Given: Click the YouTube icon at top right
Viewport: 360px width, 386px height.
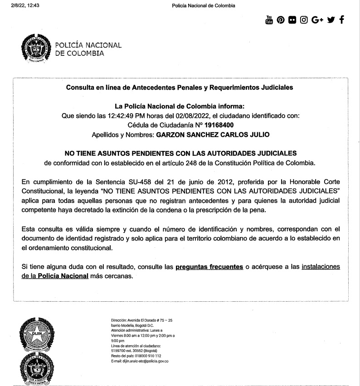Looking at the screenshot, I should pos(269,20).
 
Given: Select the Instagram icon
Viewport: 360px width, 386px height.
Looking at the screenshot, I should pos(304,20).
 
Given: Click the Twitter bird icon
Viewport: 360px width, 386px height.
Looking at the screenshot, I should pos(331,20).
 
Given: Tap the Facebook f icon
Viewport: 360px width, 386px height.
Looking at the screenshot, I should pos(341,20).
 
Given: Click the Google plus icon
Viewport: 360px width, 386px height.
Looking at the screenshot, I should pos(317,20).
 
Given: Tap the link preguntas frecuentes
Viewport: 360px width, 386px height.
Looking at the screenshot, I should pos(209,267).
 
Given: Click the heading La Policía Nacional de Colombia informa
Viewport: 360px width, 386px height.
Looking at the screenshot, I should pos(180,106).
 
